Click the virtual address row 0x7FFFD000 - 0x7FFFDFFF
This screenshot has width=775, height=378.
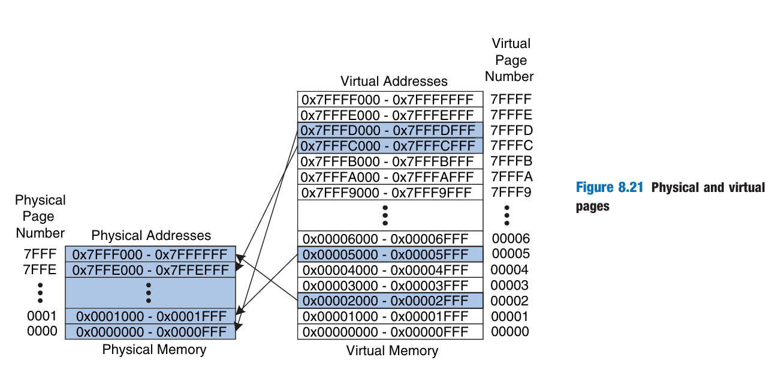[x=390, y=130]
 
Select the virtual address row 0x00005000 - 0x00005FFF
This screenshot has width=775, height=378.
[x=390, y=254]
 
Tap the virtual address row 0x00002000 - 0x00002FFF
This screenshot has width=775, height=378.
[x=390, y=301]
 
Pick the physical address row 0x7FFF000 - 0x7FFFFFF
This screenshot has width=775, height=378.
[x=150, y=254]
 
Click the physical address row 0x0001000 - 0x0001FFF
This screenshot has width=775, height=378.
[x=150, y=316]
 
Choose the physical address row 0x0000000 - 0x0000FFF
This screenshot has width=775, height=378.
[x=150, y=332]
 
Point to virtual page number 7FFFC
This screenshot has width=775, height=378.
[x=511, y=146]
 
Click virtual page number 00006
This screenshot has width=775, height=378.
[x=509, y=238]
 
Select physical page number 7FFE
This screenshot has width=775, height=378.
[x=40, y=269]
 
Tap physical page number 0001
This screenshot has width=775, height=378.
[x=42, y=316]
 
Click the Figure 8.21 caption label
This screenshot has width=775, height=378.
[x=609, y=188]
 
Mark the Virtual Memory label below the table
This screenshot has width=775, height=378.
[x=392, y=351]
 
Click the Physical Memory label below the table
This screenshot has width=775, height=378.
[x=154, y=349]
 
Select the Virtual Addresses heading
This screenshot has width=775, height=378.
[x=394, y=81]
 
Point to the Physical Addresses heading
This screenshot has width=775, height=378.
[x=151, y=235]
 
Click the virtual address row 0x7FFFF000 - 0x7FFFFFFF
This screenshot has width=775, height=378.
[x=390, y=99]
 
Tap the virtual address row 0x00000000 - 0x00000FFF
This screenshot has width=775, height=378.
[x=390, y=332]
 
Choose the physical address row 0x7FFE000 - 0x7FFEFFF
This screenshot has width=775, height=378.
[x=150, y=269]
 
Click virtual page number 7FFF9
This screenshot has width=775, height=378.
[x=511, y=193]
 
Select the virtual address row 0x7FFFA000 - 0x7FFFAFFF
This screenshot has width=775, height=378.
[x=390, y=177]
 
